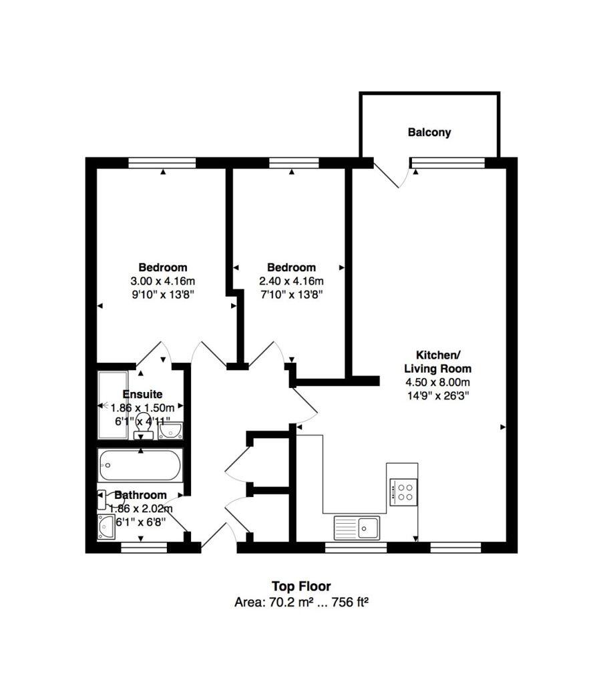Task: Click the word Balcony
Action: point(429,132)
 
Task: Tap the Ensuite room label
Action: point(142,395)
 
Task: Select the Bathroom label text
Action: point(140,496)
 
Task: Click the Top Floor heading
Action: point(300,586)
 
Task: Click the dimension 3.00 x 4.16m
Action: point(163,281)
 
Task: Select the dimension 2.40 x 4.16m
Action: point(291,281)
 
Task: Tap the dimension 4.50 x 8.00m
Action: point(437,382)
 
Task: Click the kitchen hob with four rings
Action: point(404,492)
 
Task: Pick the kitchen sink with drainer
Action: point(357,527)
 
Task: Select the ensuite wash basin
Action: point(170,431)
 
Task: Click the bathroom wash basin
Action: point(106,527)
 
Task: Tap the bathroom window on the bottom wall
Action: point(144,548)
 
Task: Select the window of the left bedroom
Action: point(162,162)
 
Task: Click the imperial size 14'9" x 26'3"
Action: point(437,395)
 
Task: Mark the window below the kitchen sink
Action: point(355,548)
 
